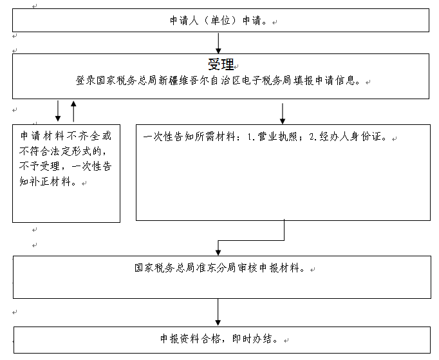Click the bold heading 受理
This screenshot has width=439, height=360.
tap(221, 64)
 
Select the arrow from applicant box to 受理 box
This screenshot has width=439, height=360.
tap(218, 43)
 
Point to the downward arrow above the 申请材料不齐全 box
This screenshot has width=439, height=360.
tap(58, 111)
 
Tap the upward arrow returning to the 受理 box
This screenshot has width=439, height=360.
tap(73, 111)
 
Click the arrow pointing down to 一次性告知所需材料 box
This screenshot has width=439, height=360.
tap(283, 113)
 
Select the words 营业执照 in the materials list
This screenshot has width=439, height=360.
tap(277, 137)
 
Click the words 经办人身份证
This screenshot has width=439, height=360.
tap(350, 137)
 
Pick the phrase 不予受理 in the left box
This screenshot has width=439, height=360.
tap(39, 166)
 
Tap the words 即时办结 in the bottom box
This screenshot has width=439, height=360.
tap(252, 339)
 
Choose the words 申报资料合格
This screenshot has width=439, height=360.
tap(190, 339)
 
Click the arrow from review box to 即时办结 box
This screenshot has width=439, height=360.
tap(218, 312)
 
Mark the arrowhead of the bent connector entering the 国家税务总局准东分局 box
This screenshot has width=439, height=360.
tap(218, 252)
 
